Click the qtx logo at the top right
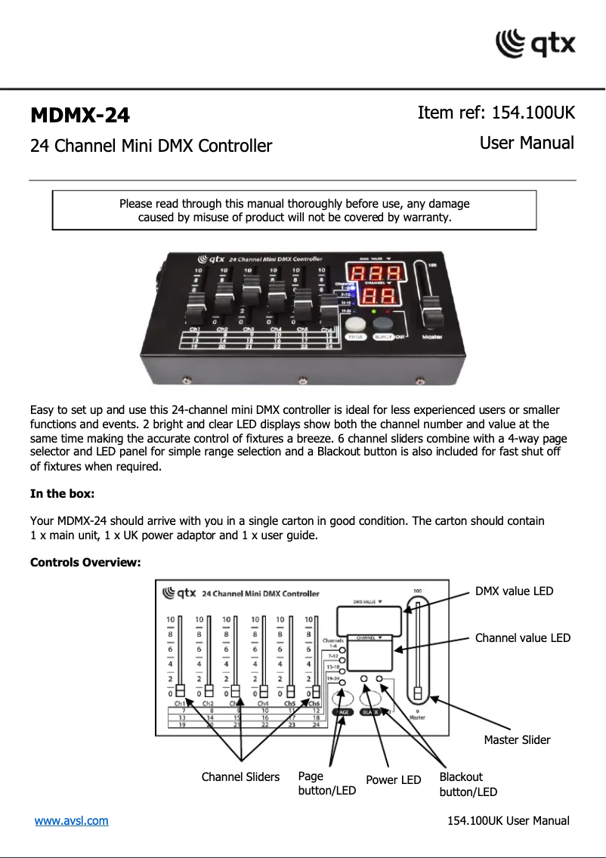[x=535, y=43]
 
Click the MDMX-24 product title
[x=80, y=116]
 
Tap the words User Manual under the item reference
[x=527, y=143]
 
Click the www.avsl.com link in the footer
[x=71, y=820]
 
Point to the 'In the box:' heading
[x=62, y=494]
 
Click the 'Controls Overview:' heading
[x=85, y=563]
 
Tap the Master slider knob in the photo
[x=431, y=311]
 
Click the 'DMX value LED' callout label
[x=514, y=591]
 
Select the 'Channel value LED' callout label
[x=522, y=638]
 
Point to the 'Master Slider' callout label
[x=517, y=740]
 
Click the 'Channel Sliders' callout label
[x=240, y=776]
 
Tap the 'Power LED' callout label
[x=393, y=779]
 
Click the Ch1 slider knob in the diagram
[x=181, y=691]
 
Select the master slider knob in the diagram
[x=417, y=693]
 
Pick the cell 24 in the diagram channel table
[x=315, y=724]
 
